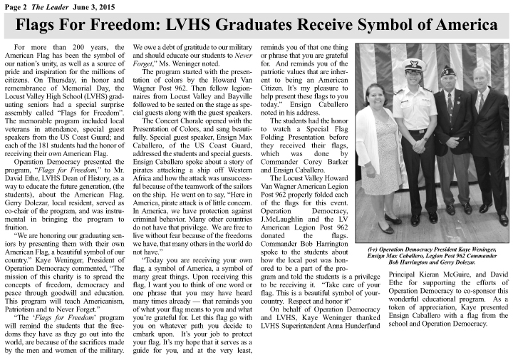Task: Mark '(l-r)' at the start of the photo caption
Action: point(373,249)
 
